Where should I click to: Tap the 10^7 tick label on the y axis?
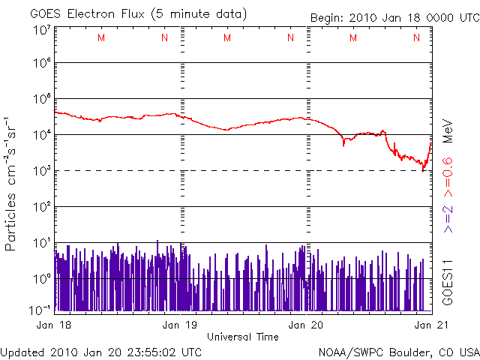click(40, 29)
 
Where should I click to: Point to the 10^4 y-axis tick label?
click(40, 135)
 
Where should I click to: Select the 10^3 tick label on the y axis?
click(40, 171)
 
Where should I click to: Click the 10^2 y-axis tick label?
click(40, 206)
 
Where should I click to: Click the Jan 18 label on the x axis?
click(52, 325)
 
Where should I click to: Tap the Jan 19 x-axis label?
click(181, 325)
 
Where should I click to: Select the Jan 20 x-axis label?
click(307, 325)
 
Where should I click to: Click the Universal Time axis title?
click(242, 336)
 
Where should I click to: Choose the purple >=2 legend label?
click(448, 218)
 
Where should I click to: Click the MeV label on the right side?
click(448, 130)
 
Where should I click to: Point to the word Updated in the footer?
click(23, 352)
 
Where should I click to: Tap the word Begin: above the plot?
click(328, 17)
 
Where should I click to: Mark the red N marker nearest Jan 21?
click(416, 38)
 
